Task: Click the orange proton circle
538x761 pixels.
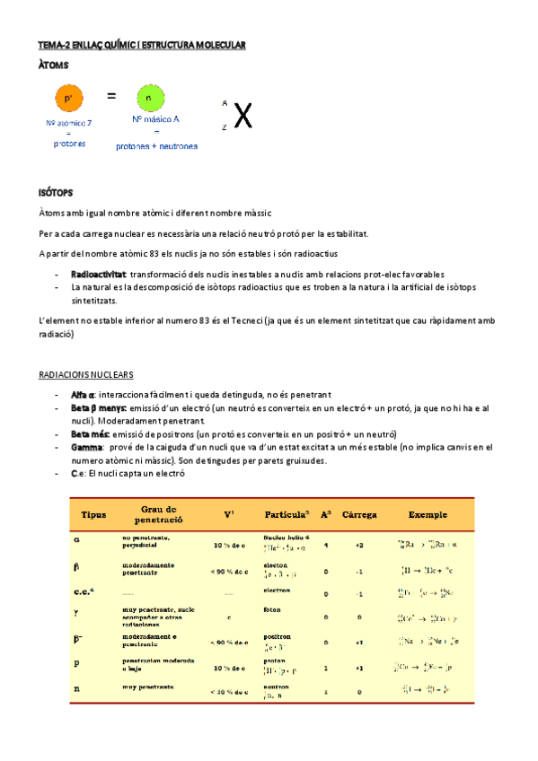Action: [69, 99]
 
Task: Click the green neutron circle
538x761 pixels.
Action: [150, 99]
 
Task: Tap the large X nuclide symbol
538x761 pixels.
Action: [243, 116]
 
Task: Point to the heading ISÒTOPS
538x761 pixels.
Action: [56, 192]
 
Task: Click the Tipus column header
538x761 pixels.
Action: [93, 515]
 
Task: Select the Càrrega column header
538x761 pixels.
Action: [359, 515]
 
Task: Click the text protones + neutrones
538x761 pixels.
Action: [156, 146]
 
